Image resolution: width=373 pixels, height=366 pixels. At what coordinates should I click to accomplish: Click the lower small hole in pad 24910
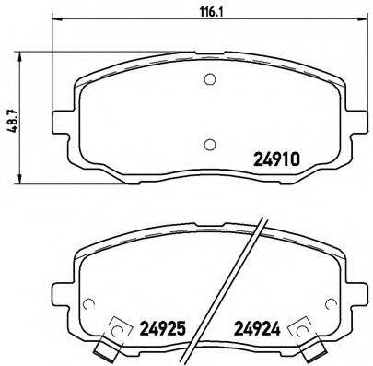point(210,143)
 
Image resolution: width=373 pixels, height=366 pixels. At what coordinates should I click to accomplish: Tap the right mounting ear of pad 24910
point(358,123)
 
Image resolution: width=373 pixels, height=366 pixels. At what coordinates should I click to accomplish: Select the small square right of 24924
point(300,326)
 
